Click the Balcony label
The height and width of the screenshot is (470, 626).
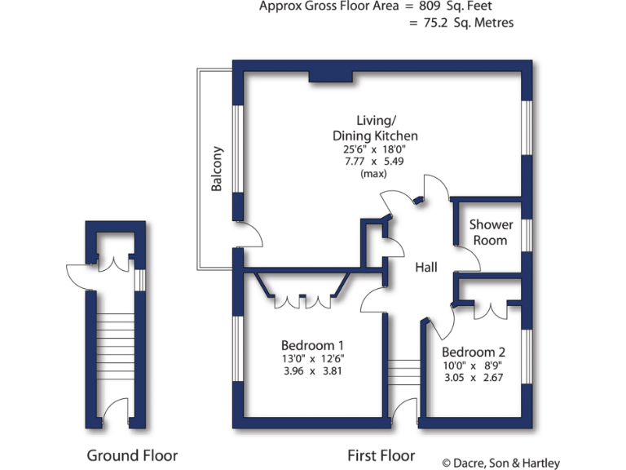pos(217,169)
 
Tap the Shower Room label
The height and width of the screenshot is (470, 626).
pos(491,233)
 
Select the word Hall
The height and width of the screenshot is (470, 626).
pos(426,268)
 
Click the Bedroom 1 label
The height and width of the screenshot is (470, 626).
pos(312,344)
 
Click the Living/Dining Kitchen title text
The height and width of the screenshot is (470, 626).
pos(375,127)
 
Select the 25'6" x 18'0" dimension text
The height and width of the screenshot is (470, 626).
pos(374,149)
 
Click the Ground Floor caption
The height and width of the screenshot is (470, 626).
pos(132,455)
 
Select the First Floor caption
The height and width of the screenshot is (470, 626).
pos(381,455)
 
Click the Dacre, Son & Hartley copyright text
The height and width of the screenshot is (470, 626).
pos(500,463)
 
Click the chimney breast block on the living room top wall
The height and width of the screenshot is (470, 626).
pos(331,78)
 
